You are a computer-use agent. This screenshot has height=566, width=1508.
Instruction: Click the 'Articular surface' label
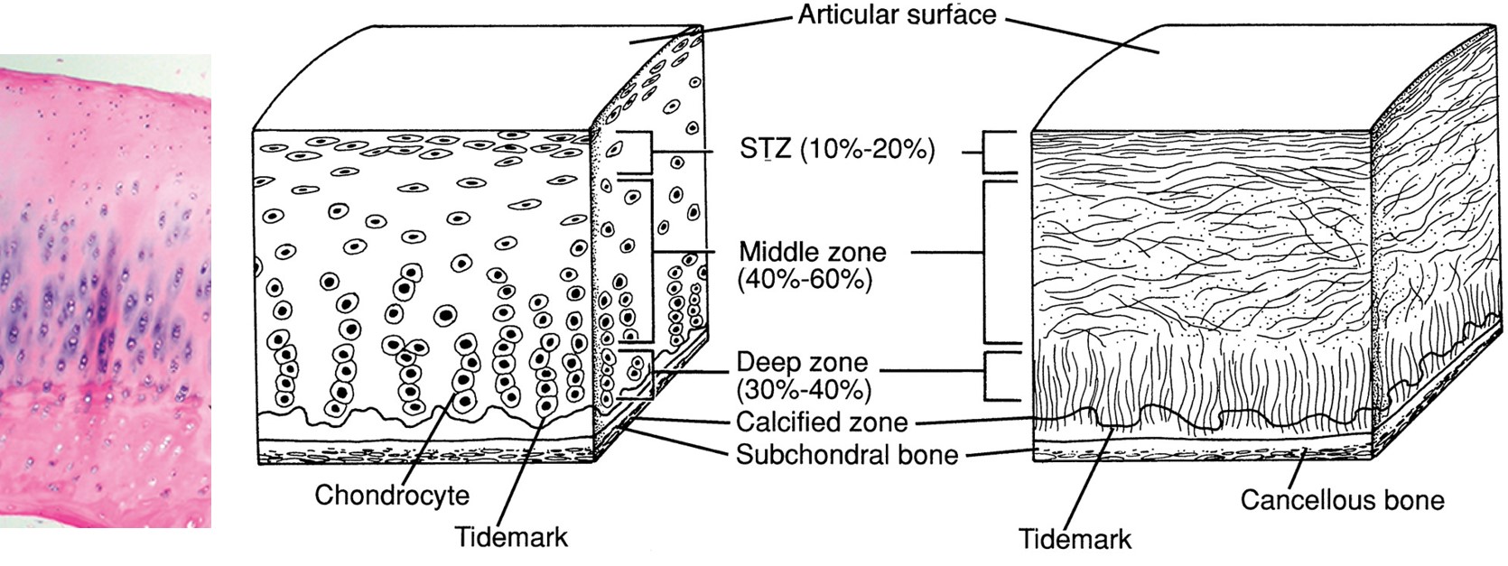[x=896, y=15]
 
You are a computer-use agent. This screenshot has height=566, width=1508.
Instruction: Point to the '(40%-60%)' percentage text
[x=805, y=280]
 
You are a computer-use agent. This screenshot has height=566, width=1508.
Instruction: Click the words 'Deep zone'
[x=802, y=363]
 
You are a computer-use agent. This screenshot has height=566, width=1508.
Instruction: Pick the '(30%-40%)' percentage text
[x=804, y=390]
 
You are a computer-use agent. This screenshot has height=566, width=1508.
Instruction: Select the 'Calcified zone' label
[x=821, y=422]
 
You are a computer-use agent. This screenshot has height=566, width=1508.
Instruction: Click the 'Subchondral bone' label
[x=846, y=453]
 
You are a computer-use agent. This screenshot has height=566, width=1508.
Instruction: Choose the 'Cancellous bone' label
[x=1342, y=500]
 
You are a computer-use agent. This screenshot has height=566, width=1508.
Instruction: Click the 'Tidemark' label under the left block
[x=511, y=537]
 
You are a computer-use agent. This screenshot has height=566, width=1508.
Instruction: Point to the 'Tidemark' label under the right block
[x=1075, y=540]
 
